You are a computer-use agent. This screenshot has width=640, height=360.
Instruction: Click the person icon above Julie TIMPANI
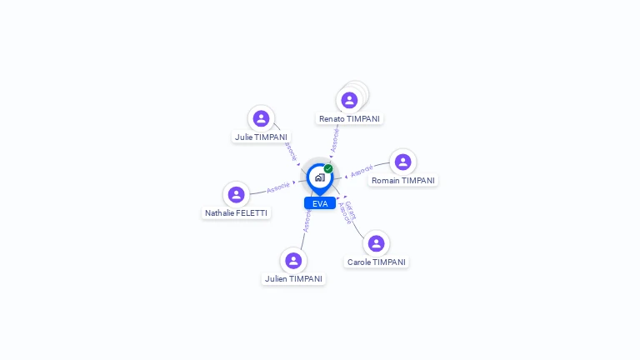coord(261,118)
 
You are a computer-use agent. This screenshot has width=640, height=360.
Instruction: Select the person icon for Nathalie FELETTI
coord(236,194)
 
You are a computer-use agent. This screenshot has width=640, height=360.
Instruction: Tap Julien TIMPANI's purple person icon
coord(292,261)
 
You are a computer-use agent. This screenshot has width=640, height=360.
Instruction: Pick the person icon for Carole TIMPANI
coord(376,243)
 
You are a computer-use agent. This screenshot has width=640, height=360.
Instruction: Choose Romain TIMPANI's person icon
coord(402,162)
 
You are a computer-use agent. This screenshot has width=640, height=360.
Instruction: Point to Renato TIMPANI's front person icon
coord(349,101)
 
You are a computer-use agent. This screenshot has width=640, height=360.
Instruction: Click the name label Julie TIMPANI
coord(261,137)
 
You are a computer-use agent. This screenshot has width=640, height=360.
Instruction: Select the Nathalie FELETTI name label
coord(236,212)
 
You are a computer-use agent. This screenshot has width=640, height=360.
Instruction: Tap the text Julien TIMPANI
coord(293,278)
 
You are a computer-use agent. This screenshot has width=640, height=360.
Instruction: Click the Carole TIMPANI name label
coord(376,262)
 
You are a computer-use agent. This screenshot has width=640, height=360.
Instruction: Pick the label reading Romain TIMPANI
coord(402,180)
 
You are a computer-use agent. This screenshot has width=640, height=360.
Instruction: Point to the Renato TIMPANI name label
coord(349,118)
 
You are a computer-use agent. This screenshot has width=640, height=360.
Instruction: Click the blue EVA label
coord(320,203)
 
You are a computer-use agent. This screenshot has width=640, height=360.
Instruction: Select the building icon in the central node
coord(319,177)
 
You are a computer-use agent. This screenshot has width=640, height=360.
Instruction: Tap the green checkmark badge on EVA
coord(328,168)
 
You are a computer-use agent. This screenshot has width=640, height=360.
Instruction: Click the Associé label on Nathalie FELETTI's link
coord(277,187)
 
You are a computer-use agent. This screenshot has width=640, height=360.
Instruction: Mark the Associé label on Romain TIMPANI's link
coord(362,172)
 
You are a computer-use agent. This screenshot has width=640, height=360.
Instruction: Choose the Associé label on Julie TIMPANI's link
coord(290,151)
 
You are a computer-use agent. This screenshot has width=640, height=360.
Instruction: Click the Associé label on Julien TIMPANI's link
coord(306,221)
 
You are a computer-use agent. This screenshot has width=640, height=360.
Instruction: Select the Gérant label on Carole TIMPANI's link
coord(351,209)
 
